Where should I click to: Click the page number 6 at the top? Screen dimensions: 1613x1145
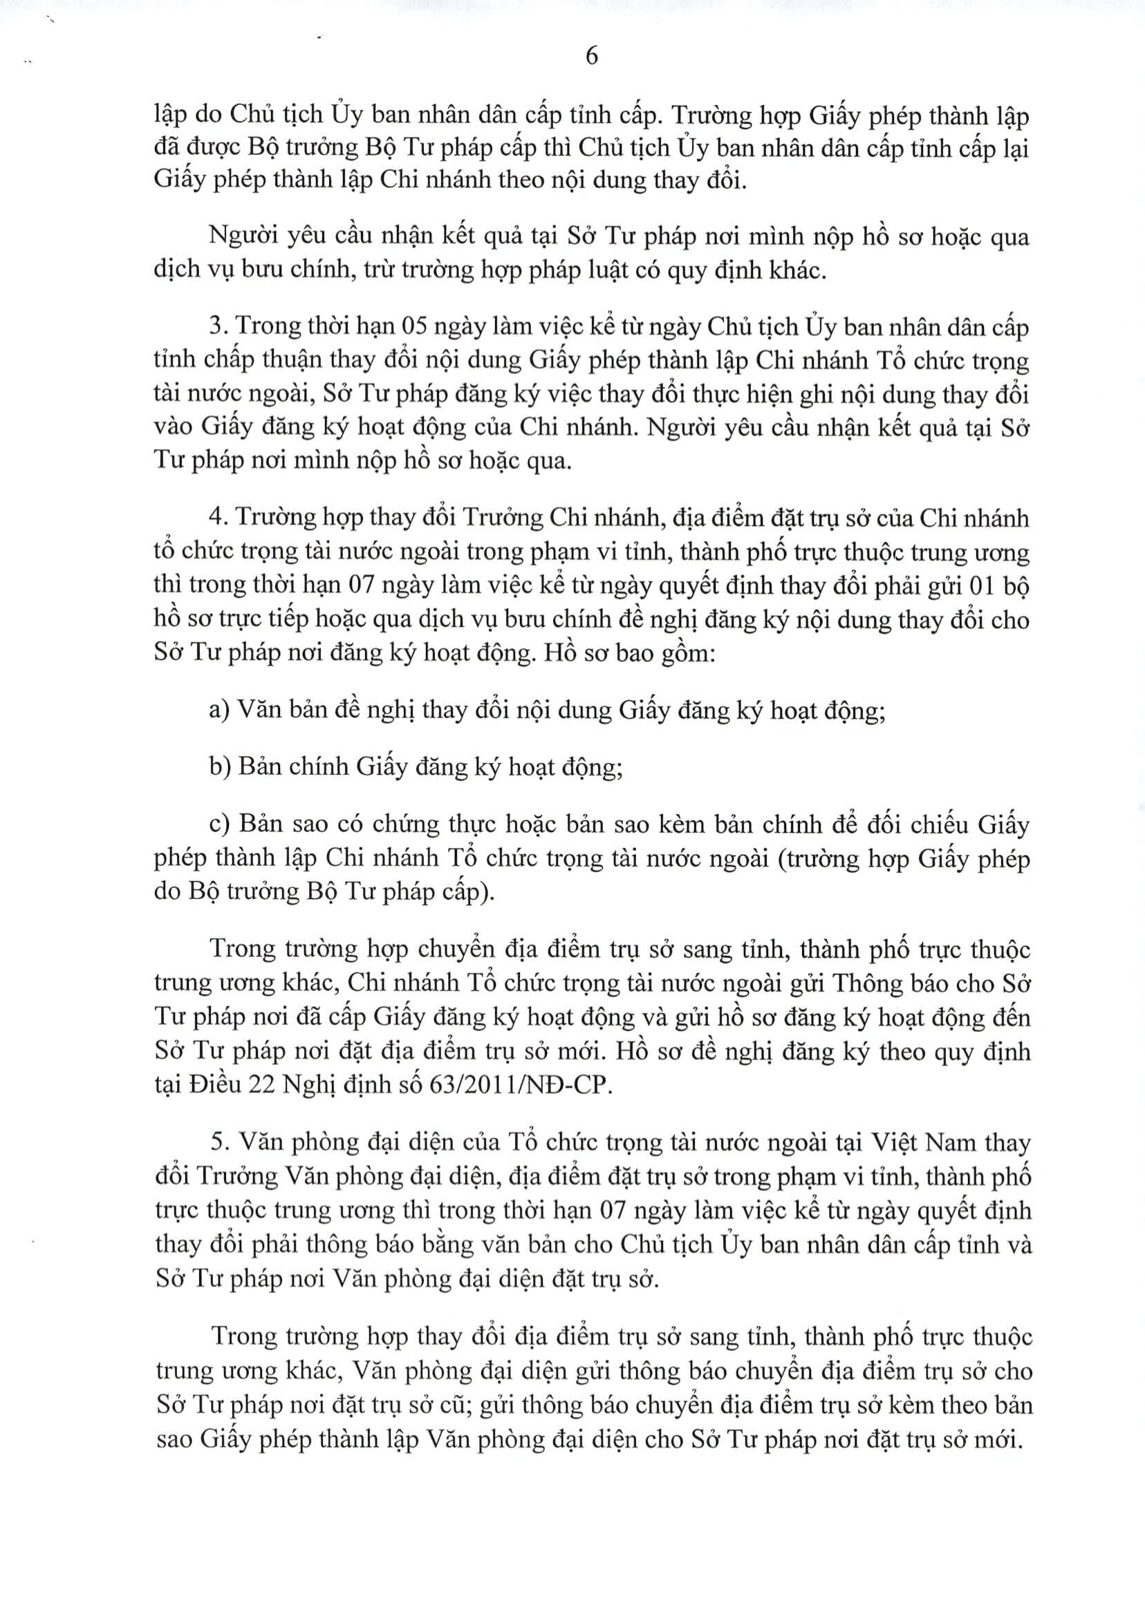point(592,56)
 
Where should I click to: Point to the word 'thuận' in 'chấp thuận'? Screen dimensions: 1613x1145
point(316,361)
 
